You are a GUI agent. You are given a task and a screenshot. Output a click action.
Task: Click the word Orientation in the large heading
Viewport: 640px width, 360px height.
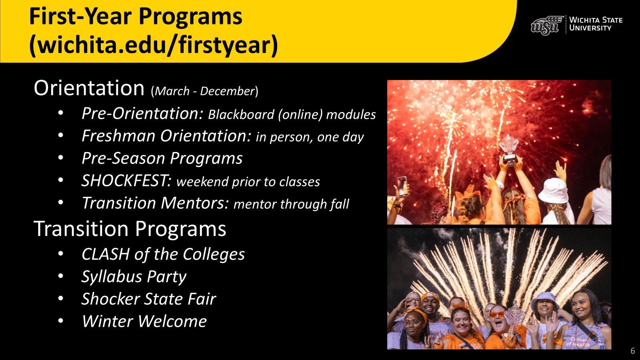(89, 88)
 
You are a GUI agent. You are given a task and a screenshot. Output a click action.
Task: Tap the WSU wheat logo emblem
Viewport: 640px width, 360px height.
(547, 26)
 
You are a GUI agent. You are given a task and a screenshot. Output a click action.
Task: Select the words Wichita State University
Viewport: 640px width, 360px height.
(596, 24)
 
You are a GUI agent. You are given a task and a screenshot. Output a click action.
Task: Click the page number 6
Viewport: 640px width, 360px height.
(632, 350)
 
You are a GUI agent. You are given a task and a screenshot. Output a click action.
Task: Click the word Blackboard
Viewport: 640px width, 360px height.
(241, 114)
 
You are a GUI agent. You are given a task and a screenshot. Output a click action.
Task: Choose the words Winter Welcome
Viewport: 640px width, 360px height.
(144, 321)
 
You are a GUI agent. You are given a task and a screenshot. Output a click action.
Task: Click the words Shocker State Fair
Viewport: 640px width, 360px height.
(148, 299)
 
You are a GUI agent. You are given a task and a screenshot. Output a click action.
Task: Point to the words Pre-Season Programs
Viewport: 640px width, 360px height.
(162, 158)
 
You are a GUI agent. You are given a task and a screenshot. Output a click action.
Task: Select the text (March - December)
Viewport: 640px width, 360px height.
(204, 91)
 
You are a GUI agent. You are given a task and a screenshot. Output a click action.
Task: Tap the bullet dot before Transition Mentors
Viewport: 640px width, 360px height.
(60, 202)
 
